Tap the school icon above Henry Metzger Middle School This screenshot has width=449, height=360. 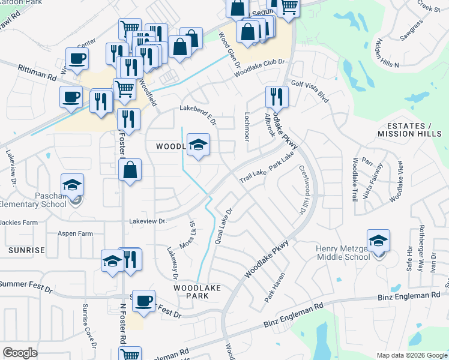(378, 242)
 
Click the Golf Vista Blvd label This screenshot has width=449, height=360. (310, 90)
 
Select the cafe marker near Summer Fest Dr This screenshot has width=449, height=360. (143, 302)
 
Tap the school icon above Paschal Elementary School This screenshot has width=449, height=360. (72, 185)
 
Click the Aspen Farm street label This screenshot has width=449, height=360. (75, 233)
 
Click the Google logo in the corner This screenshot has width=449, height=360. (20, 353)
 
